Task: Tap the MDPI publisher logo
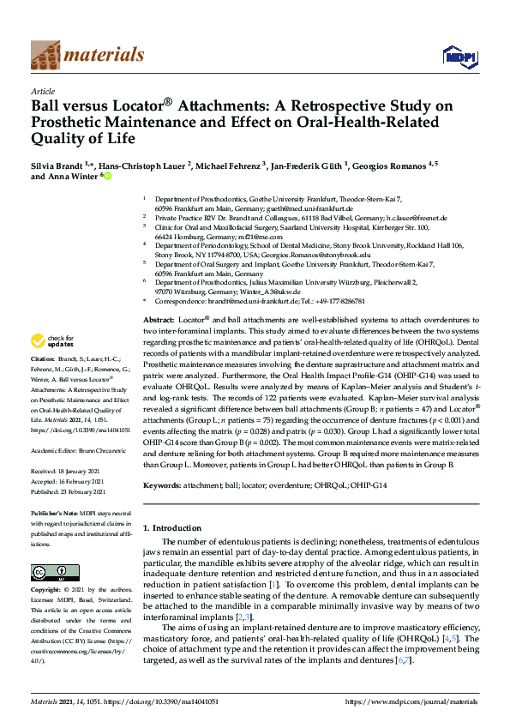[457, 57]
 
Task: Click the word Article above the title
[43, 90]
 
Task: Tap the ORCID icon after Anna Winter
[107, 176]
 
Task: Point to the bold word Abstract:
[161, 319]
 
